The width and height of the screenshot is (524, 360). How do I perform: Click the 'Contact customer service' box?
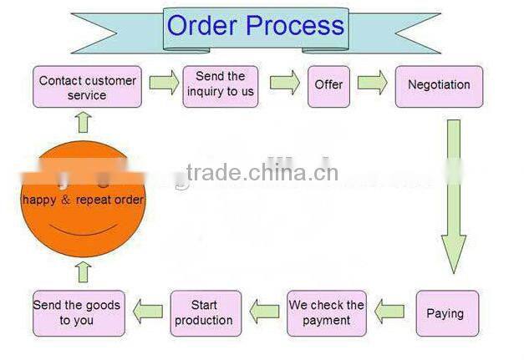point(87,88)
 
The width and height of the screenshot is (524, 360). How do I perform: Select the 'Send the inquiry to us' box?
point(221,84)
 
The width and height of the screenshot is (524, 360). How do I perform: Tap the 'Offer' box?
point(328,85)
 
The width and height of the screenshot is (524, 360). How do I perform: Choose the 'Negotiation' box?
point(439,85)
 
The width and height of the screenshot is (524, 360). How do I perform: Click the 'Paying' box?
point(446,314)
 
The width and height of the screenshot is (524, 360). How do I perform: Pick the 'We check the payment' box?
point(327,313)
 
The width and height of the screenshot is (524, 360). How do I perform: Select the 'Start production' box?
point(205,313)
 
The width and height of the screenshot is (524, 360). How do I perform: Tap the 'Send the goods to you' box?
point(77,312)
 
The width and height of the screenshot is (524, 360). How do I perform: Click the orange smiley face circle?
point(83,201)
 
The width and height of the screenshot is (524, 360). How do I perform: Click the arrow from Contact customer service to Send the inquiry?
point(165,83)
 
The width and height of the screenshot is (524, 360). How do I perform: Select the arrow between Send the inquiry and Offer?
point(285,83)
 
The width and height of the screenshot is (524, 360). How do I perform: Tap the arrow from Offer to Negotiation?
point(372,83)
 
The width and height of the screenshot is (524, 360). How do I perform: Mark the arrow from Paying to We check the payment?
point(389,313)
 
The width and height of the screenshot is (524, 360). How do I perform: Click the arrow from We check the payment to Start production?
point(267,312)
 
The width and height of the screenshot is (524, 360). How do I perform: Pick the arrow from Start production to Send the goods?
point(148,312)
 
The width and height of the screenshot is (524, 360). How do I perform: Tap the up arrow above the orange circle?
point(83,124)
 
